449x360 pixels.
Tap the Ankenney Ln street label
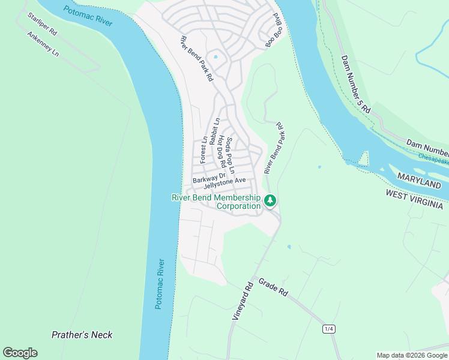[x=43, y=44]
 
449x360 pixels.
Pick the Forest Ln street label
[x=203, y=149]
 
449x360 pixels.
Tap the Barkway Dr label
[x=208, y=179]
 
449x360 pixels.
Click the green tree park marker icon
[x=270, y=200]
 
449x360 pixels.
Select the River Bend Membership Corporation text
[x=216, y=202]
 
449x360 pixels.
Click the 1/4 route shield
[x=329, y=329]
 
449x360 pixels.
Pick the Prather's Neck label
[x=82, y=335]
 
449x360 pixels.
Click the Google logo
[x=20, y=353]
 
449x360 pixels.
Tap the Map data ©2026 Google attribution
[x=412, y=355]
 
